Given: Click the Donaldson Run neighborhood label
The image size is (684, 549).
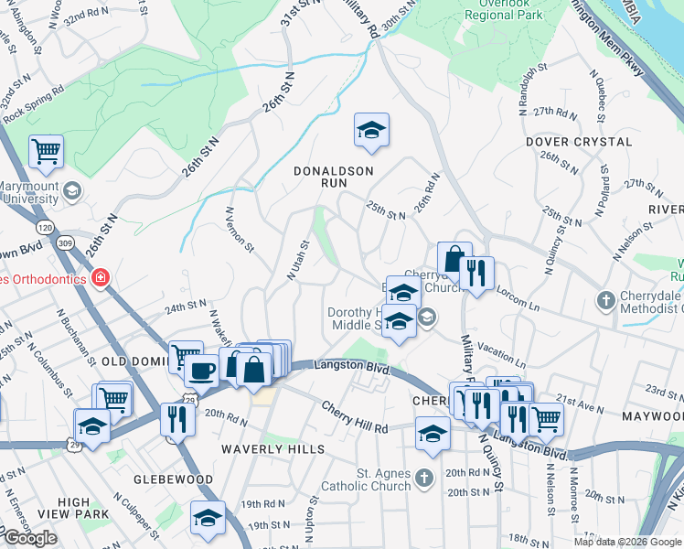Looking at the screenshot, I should pos(334,177).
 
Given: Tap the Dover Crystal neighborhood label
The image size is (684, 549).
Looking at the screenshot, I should pos(579,142).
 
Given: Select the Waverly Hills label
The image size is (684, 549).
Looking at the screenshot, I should pos(273,449).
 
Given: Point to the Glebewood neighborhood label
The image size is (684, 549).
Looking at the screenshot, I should pos(173,479).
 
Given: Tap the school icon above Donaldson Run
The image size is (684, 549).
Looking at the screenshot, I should pos(371,131).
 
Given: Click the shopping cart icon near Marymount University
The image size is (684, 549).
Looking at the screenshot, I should pos(46,152).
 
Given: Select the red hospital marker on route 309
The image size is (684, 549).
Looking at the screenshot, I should pos(100,276).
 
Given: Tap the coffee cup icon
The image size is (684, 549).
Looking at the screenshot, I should pos(201,371).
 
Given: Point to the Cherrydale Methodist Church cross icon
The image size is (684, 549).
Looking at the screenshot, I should pos(604,299).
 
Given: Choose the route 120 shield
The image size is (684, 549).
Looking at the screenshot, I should pos(44,226).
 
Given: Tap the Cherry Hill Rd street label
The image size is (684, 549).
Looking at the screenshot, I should pos(354,417).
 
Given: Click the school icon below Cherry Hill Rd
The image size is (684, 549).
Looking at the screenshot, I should pos(433,434).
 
